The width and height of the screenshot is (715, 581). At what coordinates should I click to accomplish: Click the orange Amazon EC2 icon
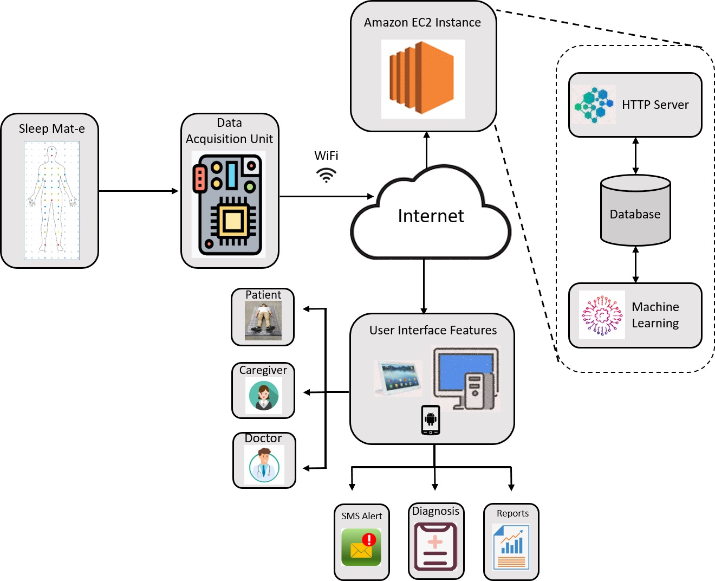click(422, 79)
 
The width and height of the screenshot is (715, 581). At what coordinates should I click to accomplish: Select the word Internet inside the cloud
click(431, 216)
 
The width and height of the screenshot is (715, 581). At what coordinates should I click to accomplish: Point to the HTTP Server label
click(655, 105)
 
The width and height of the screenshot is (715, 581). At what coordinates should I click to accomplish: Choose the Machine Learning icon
click(601, 315)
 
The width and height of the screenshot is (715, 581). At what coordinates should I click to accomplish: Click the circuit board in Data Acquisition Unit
click(228, 205)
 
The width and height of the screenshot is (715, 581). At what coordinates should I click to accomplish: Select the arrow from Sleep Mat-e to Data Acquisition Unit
click(139, 191)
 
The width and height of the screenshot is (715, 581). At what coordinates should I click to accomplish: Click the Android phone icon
click(431, 420)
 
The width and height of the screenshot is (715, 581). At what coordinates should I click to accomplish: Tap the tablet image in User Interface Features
click(398, 377)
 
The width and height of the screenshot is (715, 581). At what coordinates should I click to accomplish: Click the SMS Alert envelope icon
click(361, 547)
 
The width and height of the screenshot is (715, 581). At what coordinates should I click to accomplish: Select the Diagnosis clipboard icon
click(435, 546)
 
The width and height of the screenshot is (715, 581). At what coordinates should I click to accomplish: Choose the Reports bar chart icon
click(511, 547)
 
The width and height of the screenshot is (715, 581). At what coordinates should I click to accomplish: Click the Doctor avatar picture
click(264, 465)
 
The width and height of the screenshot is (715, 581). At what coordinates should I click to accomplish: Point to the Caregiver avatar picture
click(264, 395)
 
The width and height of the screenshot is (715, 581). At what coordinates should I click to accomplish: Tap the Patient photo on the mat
click(263, 320)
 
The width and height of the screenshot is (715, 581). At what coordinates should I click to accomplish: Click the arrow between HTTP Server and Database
click(635, 156)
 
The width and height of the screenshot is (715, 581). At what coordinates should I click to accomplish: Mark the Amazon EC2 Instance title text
click(422, 22)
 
